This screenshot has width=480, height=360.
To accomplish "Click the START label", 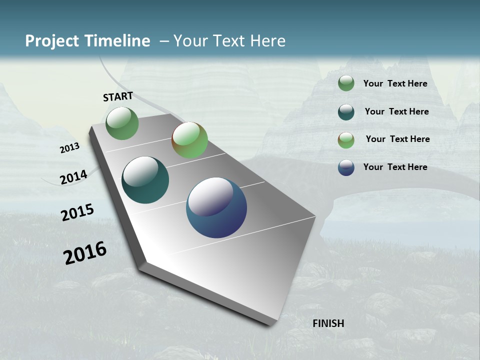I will coord(118,96).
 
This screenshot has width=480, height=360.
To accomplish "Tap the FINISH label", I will coord(328,323).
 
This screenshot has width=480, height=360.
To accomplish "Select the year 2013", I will coord(69,148).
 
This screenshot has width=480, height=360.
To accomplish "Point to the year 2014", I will coord(73,177).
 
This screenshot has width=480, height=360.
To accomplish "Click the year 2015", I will coord(77,212).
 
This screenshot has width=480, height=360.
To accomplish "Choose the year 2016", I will coord(85,253).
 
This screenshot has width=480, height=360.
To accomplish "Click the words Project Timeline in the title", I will coord(87,41).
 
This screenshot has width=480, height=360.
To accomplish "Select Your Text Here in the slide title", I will coord(229,41).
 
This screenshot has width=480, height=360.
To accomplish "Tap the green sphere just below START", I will coord(122,123).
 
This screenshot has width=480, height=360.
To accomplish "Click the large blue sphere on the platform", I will coord(216,207).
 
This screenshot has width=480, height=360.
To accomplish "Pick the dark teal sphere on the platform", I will coord(145,180).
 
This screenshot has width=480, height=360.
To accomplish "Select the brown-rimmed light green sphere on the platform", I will coord(189,140).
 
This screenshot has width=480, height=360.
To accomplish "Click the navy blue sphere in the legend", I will coord(346,167).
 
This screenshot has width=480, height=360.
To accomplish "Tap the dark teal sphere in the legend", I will coord(346,112).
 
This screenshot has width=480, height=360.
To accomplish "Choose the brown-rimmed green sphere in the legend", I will coord(346,140).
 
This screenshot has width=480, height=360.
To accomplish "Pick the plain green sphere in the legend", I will coord(346,83).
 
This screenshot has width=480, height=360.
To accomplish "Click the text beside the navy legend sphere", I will coord(395,167).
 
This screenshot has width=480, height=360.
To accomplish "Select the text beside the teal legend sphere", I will coord(396,111).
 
